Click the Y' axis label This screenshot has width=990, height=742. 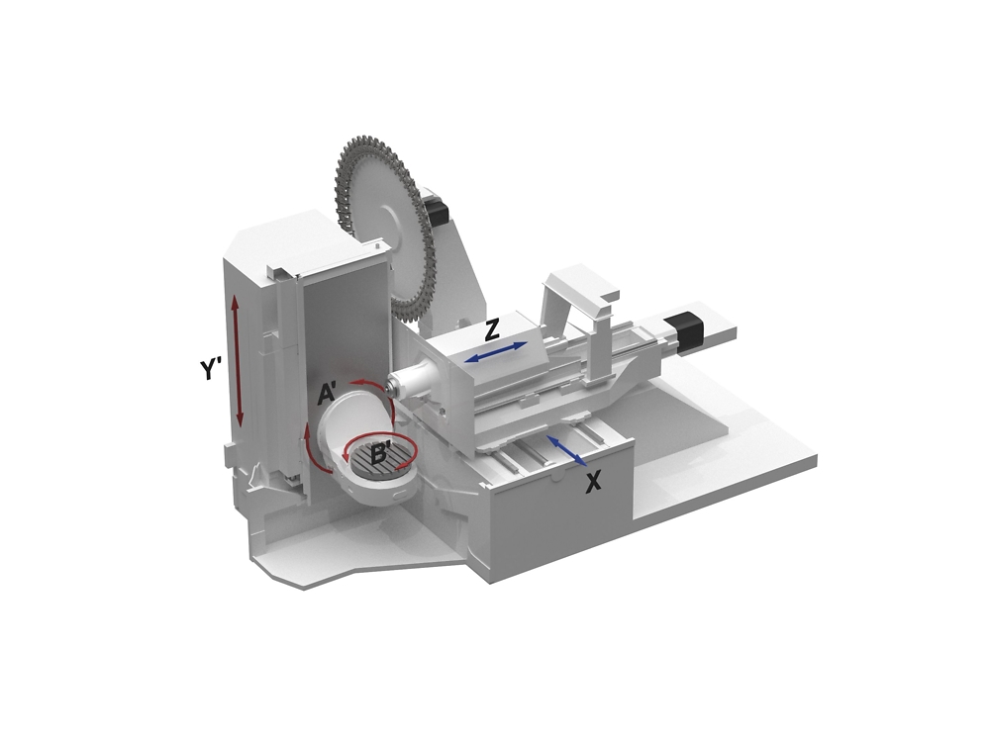[x=210, y=369]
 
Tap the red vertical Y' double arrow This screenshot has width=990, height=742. [x=238, y=360]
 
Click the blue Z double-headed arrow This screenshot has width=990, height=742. [x=497, y=352]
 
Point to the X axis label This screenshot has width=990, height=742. [x=593, y=482]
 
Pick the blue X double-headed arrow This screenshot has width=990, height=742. [x=567, y=450]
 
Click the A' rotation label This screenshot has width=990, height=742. [x=330, y=395]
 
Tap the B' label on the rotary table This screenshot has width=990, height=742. [x=381, y=455]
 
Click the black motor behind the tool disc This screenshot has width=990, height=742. [x=435, y=210]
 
